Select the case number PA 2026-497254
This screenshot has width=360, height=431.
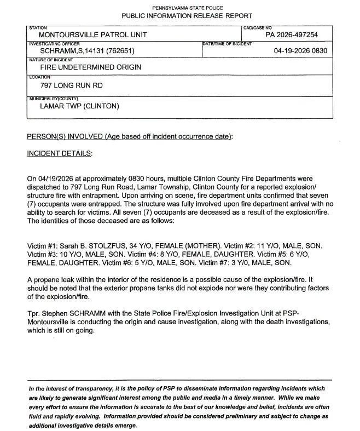tap(291, 35)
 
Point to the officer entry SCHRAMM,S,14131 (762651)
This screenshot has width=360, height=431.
tap(88, 51)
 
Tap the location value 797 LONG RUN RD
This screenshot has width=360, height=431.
tap(71, 86)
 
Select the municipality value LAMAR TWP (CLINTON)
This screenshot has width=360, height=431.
tap(79, 106)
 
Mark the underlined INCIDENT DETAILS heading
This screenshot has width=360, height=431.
tap(60, 153)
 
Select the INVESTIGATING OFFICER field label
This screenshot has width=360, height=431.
tap(54, 43)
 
